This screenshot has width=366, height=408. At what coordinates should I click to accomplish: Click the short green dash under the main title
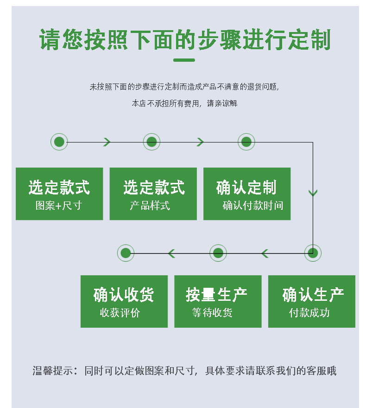pyautogui.click(x=184, y=60)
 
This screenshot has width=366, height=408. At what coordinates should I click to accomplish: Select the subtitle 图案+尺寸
pyautogui.click(x=59, y=205)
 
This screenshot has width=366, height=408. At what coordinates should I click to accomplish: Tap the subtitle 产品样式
pyautogui.click(x=150, y=205)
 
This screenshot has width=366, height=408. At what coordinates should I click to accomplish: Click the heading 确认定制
pyautogui.click(x=246, y=188)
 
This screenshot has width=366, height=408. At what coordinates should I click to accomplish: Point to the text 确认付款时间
pyautogui.click(x=252, y=205)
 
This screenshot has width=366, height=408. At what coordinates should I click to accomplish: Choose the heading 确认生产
pyautogui.click(x=313, y=295)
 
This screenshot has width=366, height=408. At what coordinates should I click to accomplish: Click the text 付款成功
pyautogui.click(x=309, y=312)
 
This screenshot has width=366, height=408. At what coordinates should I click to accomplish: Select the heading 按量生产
pyautogui.click(x=216, y=295)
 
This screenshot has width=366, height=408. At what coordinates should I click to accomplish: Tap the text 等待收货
pyautogui.click(x=212, y=312)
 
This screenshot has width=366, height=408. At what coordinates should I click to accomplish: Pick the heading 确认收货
pyautogui.click(x=124, y=295)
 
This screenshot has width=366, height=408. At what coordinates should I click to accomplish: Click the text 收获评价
pyautogui.click(x=120, y=312)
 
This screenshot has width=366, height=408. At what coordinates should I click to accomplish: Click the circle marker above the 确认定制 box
pyautogui.click(x=246, y=142)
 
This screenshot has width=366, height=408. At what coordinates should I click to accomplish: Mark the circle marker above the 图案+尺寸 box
pyautogui.click(x=59, y=142)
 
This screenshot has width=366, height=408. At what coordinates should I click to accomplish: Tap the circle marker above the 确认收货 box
pyautogui.click(x=126, y=253)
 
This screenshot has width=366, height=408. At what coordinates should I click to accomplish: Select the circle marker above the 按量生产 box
pyautogui.click(x=218, y=253)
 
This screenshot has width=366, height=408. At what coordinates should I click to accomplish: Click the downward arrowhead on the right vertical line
pyautogui.click(x=313, y=193)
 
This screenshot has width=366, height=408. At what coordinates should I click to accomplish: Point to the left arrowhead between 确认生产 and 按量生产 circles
pyautogui.click(x=265, y=253)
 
